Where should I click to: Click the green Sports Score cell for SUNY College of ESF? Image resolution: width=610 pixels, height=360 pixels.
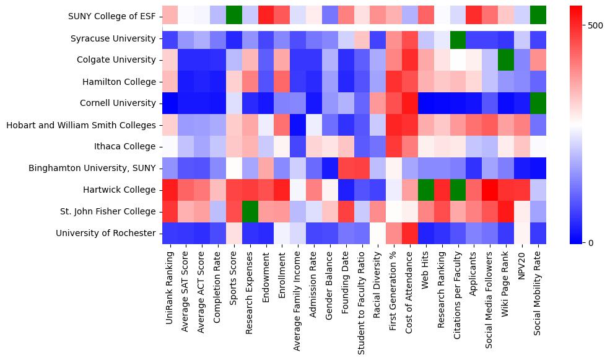click(x=234, y=17)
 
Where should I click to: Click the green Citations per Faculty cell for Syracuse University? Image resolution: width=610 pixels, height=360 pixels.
click(x=458, y=38)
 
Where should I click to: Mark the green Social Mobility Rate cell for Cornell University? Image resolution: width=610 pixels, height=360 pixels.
click(x=538, y=103)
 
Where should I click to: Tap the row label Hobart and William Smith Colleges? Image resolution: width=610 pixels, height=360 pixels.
click(x=81, y=125)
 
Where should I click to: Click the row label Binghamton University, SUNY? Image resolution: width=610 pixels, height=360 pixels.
click(x=92, y=168)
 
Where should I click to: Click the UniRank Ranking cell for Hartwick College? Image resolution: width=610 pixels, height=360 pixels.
click(x=170, y=190)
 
